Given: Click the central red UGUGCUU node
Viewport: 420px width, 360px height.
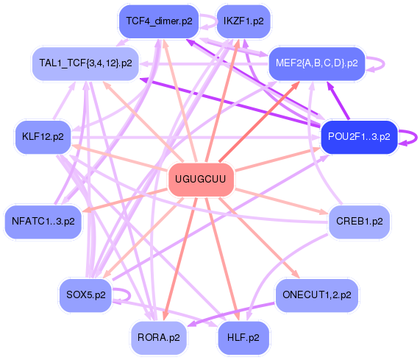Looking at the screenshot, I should (201, 180).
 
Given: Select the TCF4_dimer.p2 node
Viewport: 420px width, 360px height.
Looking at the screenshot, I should (159, 21).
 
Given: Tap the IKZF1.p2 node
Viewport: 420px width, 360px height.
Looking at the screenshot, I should (243, 21).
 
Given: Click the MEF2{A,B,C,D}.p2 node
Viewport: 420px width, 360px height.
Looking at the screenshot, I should (316, 63).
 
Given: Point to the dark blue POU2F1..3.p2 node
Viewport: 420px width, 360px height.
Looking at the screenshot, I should (359, 136).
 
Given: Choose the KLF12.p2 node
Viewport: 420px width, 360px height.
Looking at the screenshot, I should (43, 136).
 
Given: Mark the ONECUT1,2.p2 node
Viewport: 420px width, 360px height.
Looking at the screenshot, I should (316, 295).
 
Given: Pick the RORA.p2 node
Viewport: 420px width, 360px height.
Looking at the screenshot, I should (158, 337).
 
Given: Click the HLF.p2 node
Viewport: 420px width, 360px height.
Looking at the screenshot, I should (243, 337).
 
